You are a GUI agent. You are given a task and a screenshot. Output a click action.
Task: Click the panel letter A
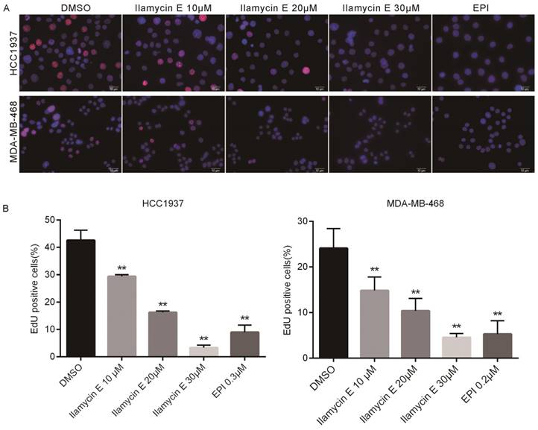6,7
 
